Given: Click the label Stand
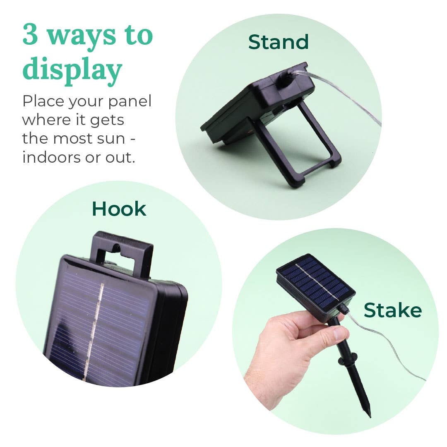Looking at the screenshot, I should pos(278,42).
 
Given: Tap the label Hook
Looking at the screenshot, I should pos(119,209).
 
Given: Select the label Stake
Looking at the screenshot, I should pos(392,310).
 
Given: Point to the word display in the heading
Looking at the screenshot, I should pos(72,70).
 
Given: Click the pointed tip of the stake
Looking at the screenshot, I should pos(369,414).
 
